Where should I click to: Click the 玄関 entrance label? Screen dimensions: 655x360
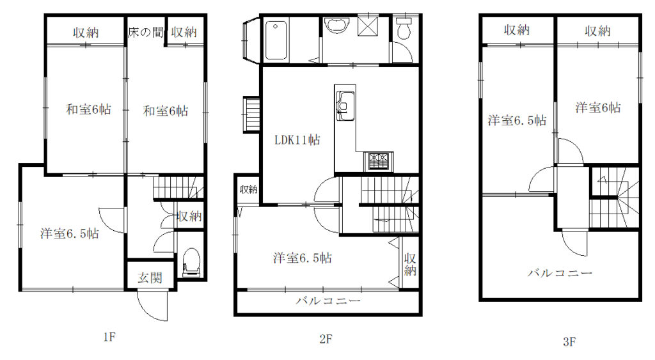[x=150, y=278]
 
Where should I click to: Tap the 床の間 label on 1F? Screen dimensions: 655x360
[x=145, y=32]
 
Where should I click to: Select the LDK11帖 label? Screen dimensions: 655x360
[x=297, y=140]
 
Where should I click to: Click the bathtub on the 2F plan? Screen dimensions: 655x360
[x=276, y=41]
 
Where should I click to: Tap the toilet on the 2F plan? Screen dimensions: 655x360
[x=404, y=28]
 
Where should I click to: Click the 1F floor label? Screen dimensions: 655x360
[x=109, y=336]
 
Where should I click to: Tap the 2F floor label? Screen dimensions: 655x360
[x=326, y=338]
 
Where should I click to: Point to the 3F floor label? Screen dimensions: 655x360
[x=569, y=342]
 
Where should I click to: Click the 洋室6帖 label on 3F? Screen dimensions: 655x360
[x=598, y=108]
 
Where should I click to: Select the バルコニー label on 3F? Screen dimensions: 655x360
[x=560, y=273]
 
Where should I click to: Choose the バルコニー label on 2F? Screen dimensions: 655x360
[x=328, y=301]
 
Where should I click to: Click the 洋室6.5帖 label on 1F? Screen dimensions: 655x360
[x=70, y=233]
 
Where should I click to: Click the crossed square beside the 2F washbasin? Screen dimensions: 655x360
[x=368, y=26]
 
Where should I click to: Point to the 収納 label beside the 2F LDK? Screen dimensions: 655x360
[x=249, y=189]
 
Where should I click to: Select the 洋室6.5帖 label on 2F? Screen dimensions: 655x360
[x=303, y=258]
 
